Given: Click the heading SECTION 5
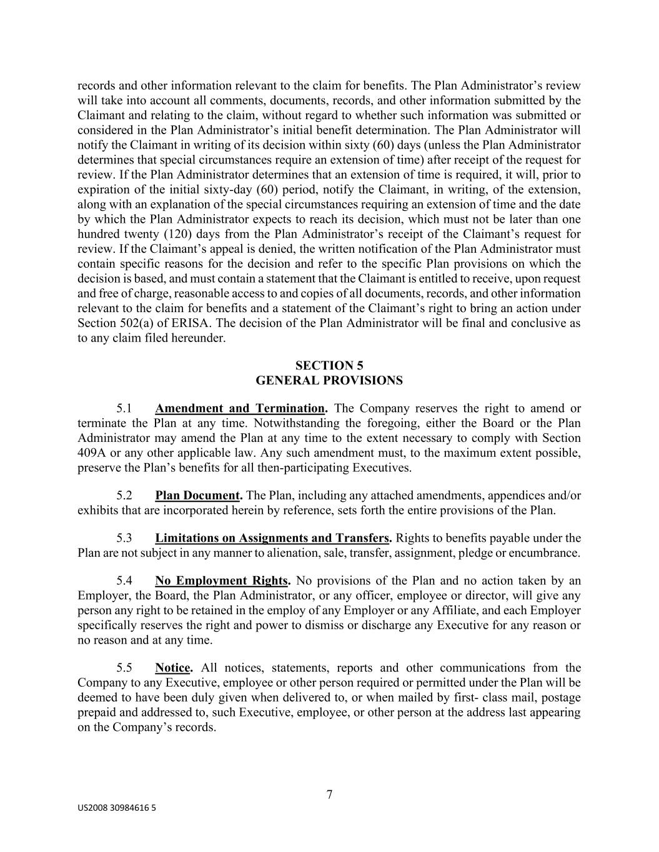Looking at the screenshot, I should [329, 366].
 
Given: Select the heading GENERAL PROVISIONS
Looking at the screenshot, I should [329, 380].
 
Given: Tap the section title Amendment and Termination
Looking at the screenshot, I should [240, 409].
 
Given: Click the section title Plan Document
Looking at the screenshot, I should [198, 496].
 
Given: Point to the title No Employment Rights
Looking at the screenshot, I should [222, 581].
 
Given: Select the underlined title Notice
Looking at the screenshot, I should [173, 668].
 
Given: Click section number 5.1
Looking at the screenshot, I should [124, 409].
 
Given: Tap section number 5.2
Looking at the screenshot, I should [124, 496].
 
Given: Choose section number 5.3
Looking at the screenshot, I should [124, 538].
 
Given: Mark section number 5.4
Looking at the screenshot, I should [124, 581].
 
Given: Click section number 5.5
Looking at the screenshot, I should [124, 668].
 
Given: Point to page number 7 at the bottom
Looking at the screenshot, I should [329, 795].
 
